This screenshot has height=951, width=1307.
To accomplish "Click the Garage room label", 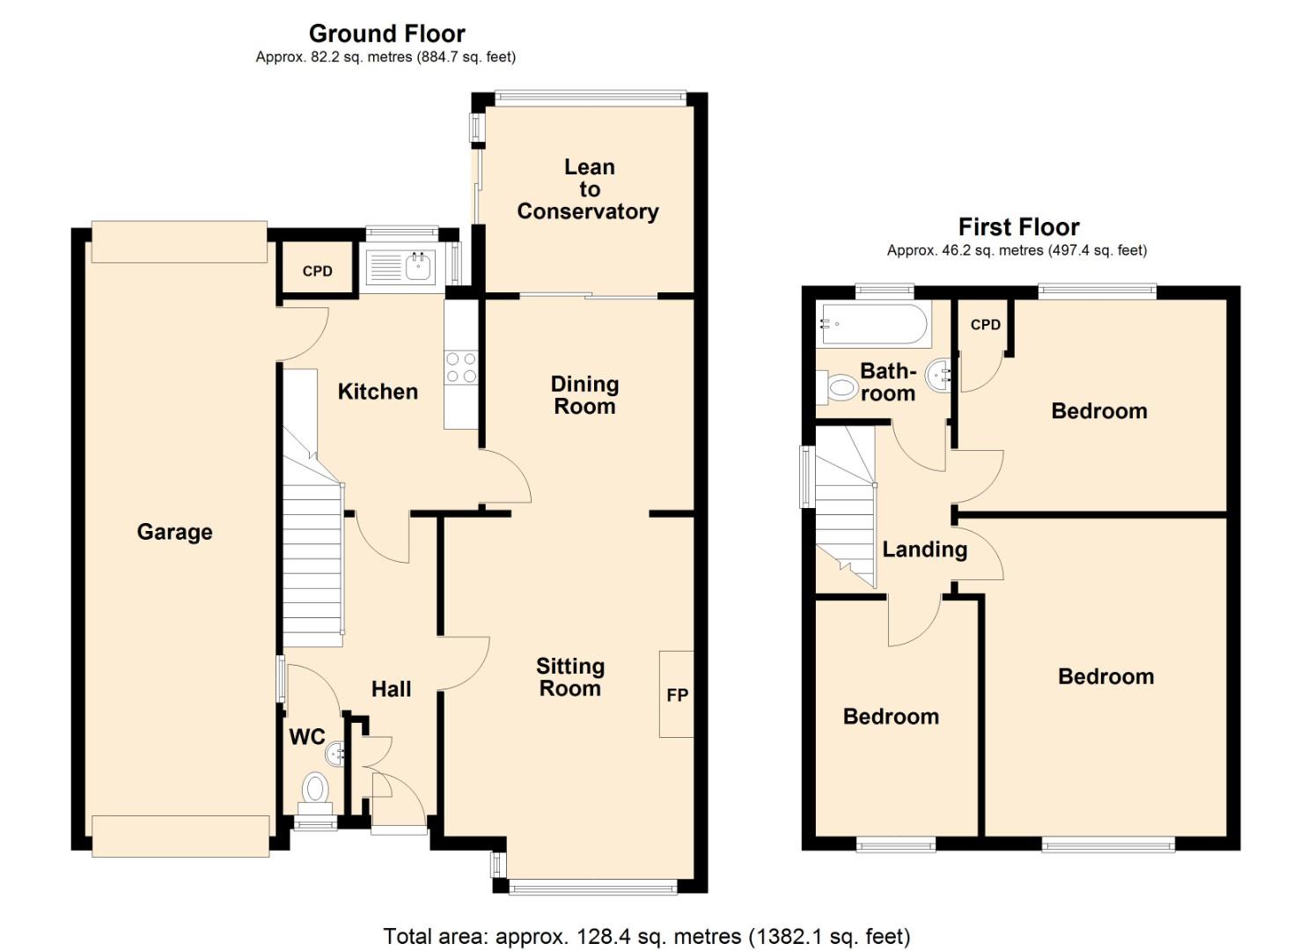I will click(174, 532).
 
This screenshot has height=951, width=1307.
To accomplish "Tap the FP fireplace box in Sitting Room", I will click(677, 694).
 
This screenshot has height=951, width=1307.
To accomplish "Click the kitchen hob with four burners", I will click(460, 367).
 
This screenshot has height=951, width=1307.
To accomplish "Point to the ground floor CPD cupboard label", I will click(317, 271).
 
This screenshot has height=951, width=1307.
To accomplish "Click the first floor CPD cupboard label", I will click(985, 325).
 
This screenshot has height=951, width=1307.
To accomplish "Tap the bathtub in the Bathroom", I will click(874, 324).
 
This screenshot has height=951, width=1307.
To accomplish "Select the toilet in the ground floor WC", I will click(314, 788).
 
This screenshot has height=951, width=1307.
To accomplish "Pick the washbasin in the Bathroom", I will click(939, 376).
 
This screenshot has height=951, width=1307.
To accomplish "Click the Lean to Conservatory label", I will click(588, 189).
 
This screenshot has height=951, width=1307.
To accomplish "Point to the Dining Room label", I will click(584, 395).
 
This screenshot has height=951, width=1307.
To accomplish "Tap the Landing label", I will click(924, 549).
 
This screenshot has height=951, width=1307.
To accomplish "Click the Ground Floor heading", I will click(386, 33).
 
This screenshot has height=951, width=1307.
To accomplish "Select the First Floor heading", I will click(1018, 227).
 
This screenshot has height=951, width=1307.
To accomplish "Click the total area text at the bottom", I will click(647, 936).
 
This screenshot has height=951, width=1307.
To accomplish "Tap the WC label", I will click(307, 737).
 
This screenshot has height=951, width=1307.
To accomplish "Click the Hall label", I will click(391, 689).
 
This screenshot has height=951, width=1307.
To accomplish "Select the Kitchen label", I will click(378, 392).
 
